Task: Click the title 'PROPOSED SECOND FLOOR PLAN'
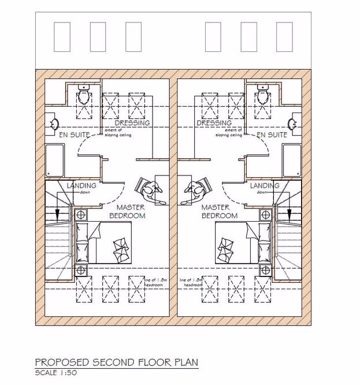tap(117, 362)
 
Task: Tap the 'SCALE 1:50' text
tap(56, 373)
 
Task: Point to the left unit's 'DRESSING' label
tap(132, 123)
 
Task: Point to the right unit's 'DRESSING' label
tap(214, 123)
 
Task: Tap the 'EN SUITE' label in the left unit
tap(75, 134)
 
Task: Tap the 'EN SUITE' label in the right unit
tap(272, 134)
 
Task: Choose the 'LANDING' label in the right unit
tap(265, 186)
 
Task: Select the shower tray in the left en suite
tap(55, 160)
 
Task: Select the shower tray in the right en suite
tap(292, 160)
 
